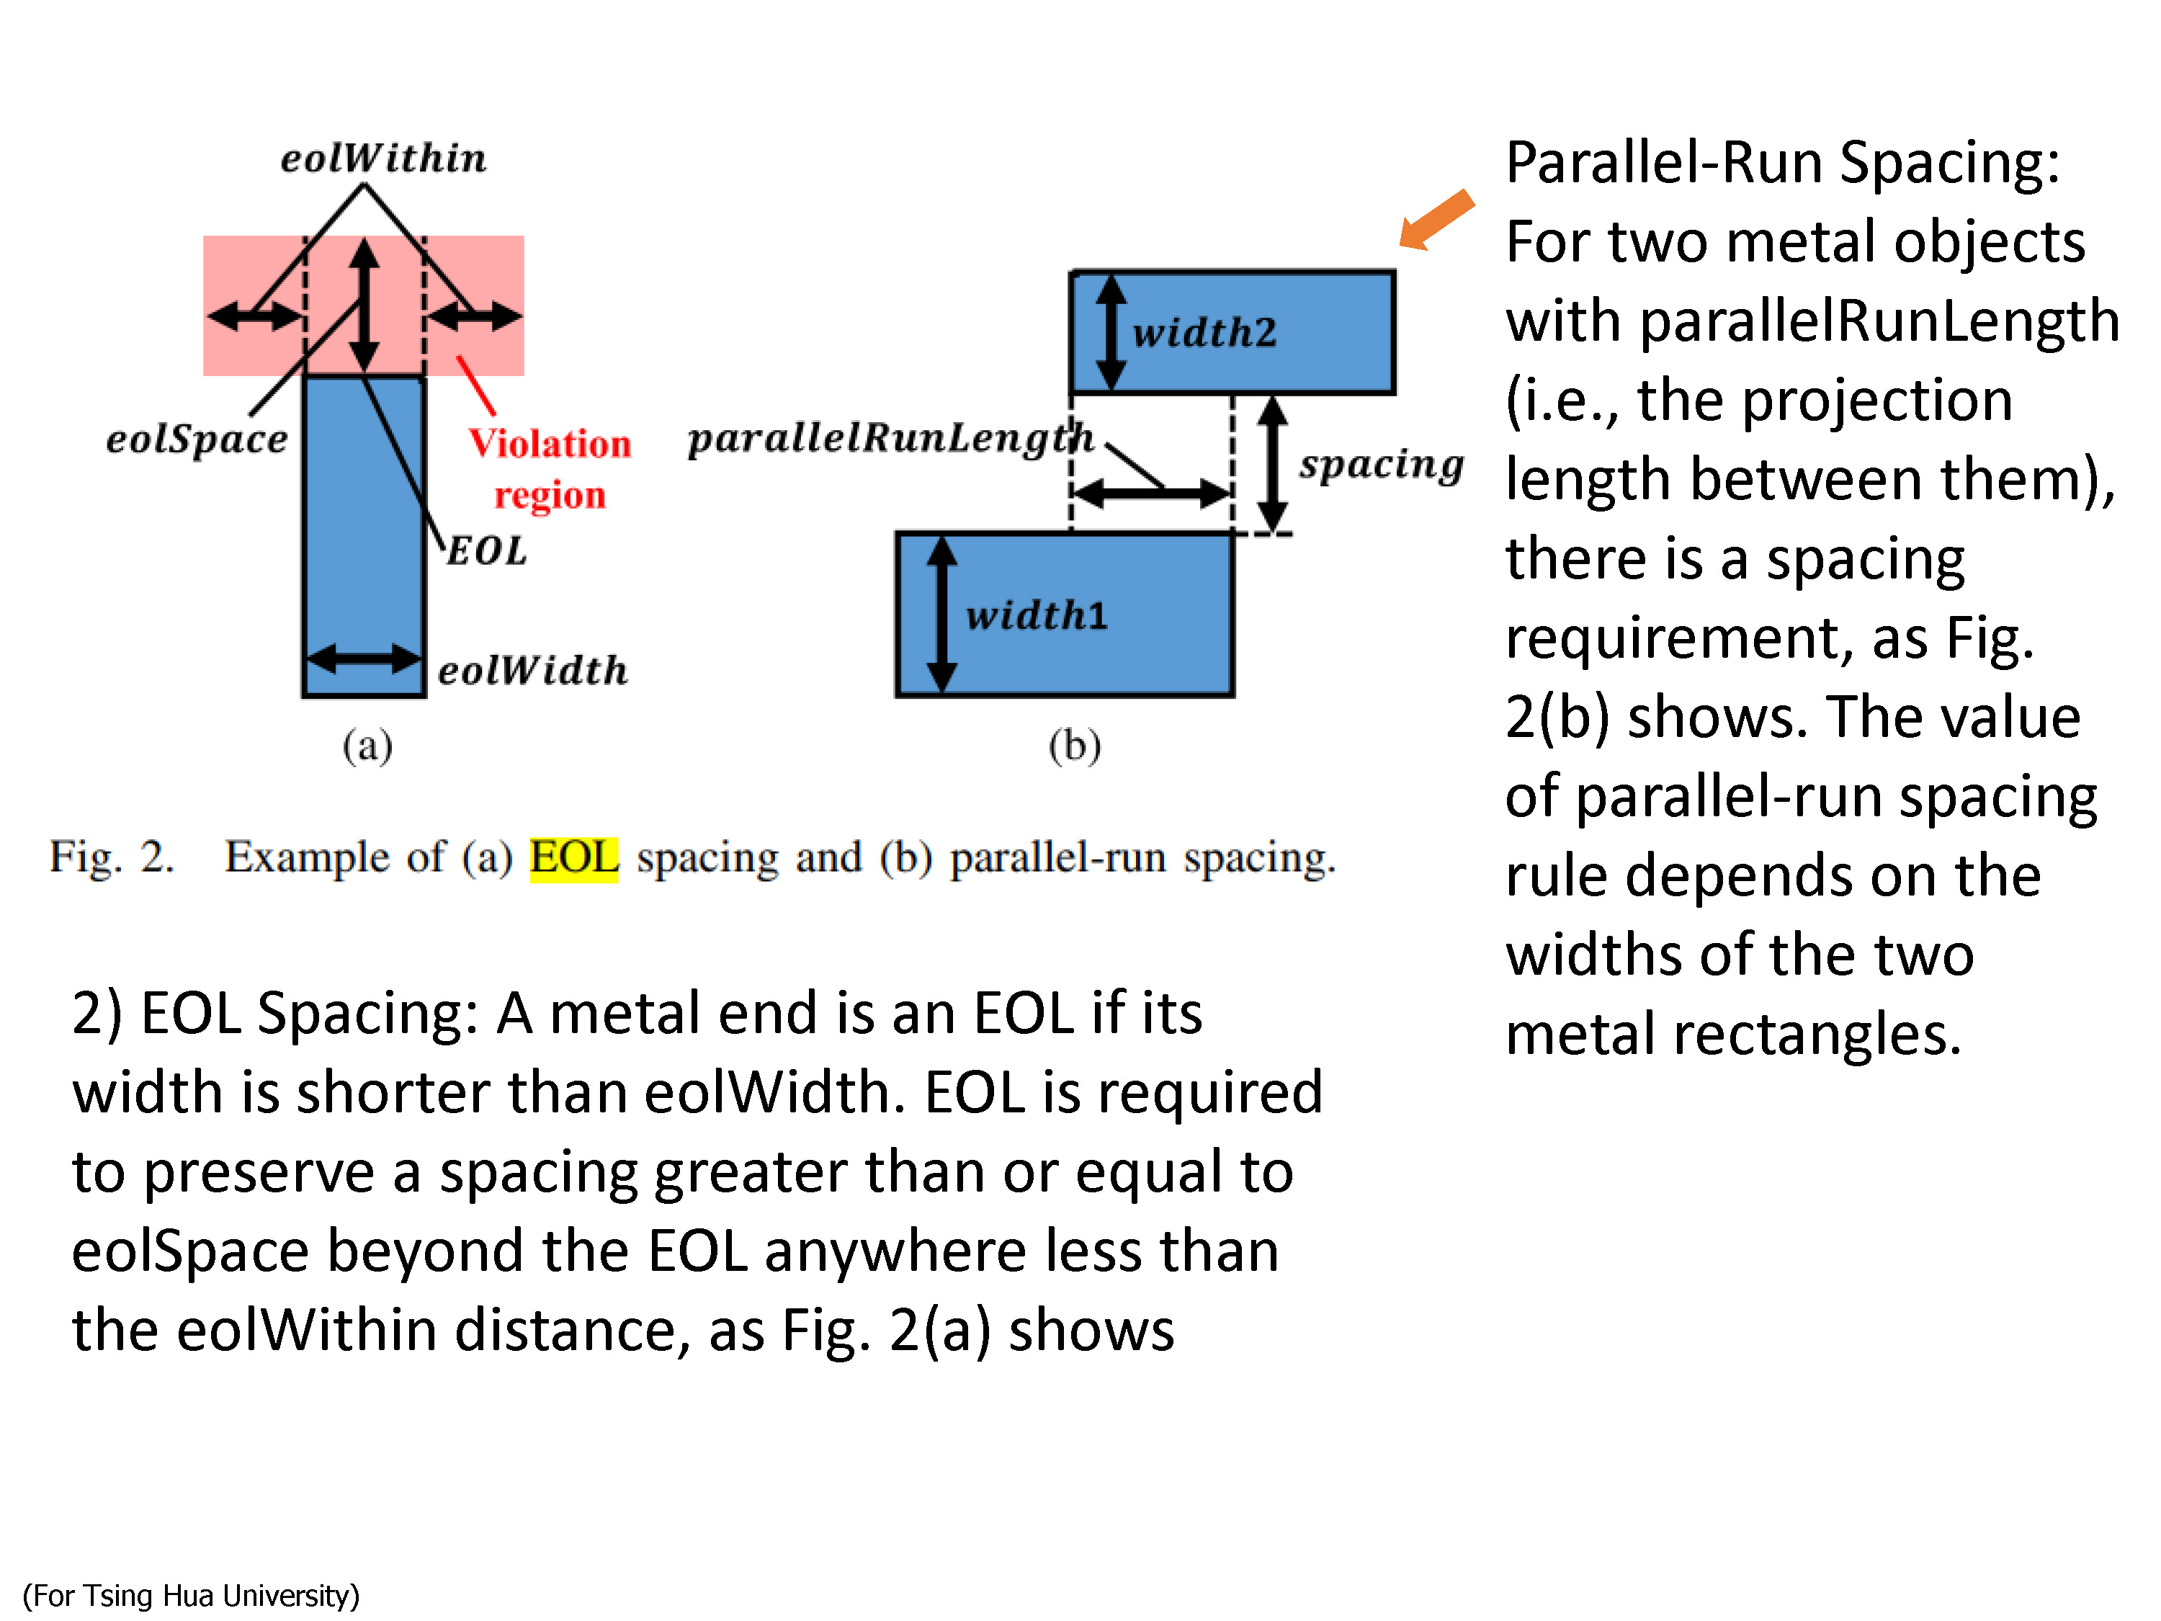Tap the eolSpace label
(x=197, y=439)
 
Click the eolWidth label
(x=532, y=670)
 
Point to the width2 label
(x=1204, y=332)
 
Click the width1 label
(x=1037, y=615)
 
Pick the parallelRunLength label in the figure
(x=890, y=438)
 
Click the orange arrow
(x=1436, y=220)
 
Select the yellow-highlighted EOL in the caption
(x=574, y=858)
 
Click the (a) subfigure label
(x=367, y=746)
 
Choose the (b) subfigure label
(x=1075, y=746)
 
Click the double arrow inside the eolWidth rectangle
(x=364, y=658)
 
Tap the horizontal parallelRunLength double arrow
(x=1152, y=494)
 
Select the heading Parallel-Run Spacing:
(x=1783, y=162)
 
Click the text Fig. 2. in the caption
(x=112, y=858)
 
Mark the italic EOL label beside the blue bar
(x=486, y=551)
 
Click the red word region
(x=550, y=496)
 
